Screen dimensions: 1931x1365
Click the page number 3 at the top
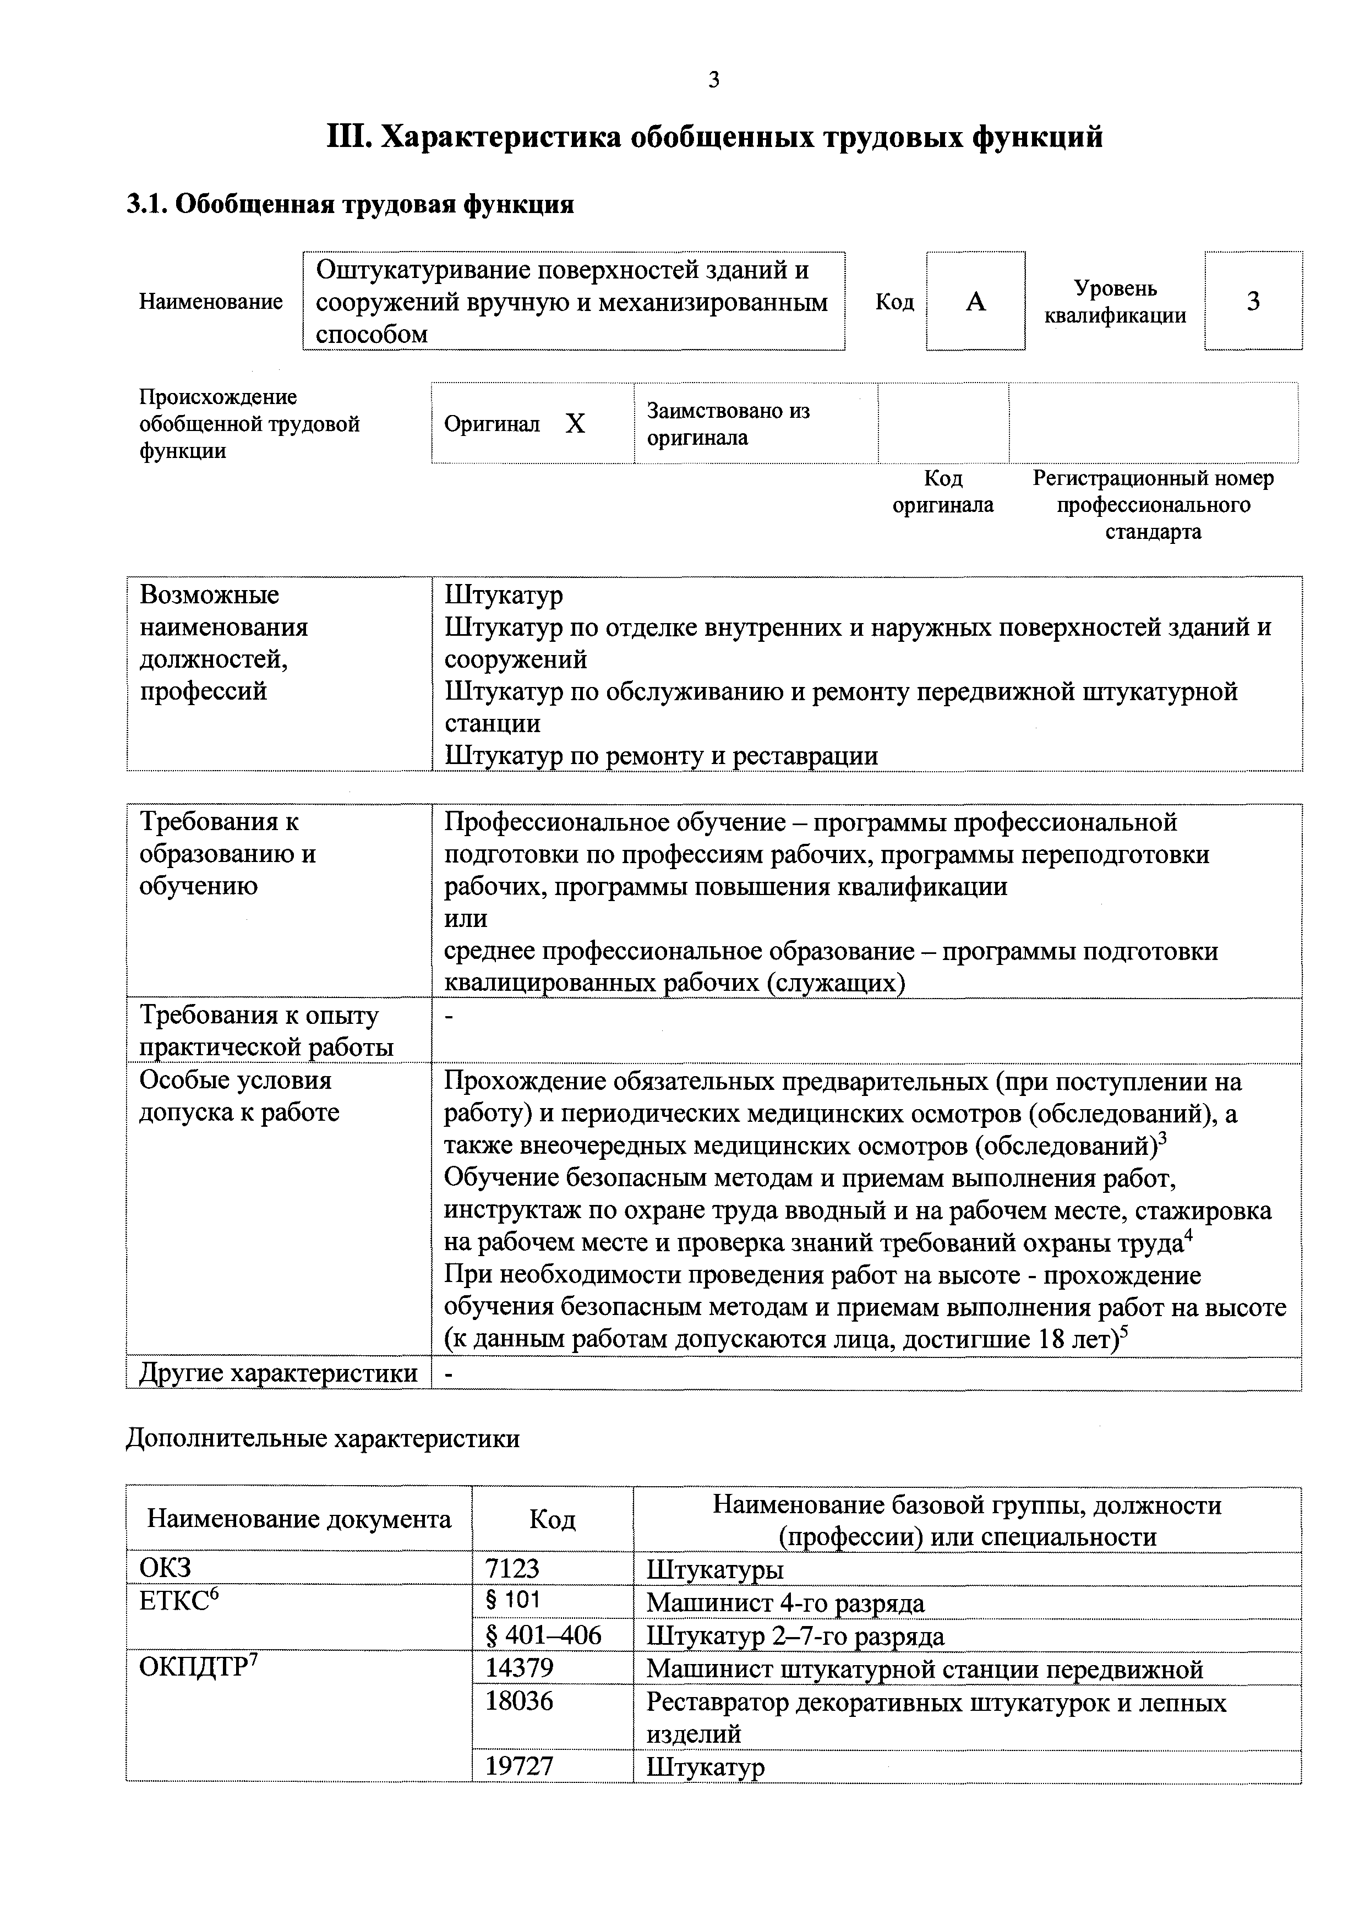click(714, 81)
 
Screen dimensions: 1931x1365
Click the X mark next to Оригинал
click(575, 424)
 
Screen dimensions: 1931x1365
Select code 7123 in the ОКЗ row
click(512, 1568)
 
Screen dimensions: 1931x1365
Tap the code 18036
click(520, 1701)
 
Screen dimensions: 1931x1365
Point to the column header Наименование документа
click(298, 1519)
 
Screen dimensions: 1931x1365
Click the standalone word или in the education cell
click(465, 919)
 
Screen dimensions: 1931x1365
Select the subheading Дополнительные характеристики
click(322, 1439)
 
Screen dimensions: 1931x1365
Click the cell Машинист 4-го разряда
click(785, 1603)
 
